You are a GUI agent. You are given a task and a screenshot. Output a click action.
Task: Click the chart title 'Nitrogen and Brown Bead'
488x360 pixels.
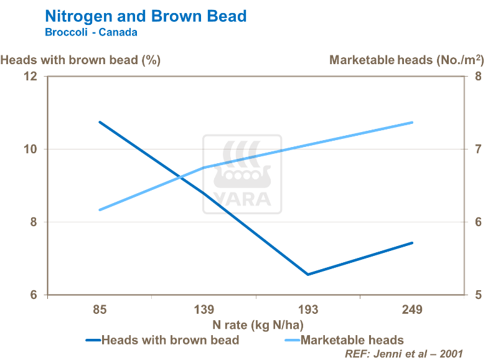pos(146,16)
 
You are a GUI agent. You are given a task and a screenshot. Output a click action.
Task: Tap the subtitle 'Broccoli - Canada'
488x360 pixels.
pos(91,32)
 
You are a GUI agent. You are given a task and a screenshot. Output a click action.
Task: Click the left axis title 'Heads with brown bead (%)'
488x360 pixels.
pos(81,60)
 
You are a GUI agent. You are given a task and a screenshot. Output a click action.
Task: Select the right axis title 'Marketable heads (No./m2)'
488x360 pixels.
pos(406,60)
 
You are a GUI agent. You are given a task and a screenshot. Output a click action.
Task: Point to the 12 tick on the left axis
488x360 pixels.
pos(30,77)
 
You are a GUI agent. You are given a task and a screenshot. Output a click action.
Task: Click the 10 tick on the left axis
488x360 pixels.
pos(30,149)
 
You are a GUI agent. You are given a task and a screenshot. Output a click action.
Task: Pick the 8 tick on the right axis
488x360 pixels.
pos(478,77)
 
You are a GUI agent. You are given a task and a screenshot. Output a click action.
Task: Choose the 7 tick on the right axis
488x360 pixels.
pos(478,149)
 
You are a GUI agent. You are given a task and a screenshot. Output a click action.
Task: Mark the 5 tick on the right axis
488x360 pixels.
pos(478,295)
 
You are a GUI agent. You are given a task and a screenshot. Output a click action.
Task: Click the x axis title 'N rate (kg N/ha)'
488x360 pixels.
pos(258,324)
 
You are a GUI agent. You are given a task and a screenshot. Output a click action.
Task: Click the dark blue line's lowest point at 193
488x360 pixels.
pos(308,274)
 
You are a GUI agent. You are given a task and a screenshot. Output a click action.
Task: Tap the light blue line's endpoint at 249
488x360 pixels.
pos(412,123)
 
